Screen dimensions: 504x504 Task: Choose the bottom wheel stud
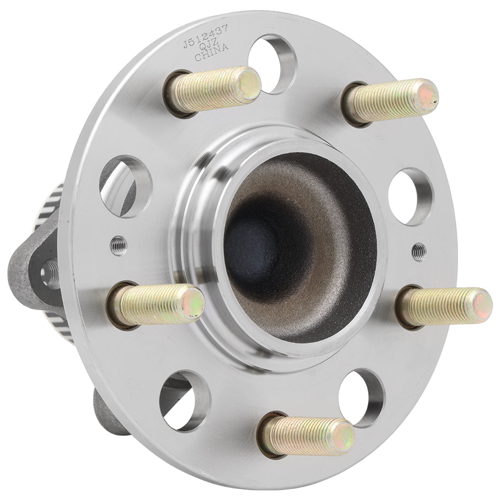click(307, 435)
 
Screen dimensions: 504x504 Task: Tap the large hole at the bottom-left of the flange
click(184, 400)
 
